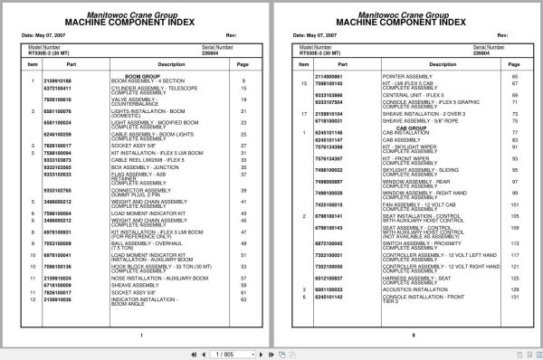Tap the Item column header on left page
click(33, 65)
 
